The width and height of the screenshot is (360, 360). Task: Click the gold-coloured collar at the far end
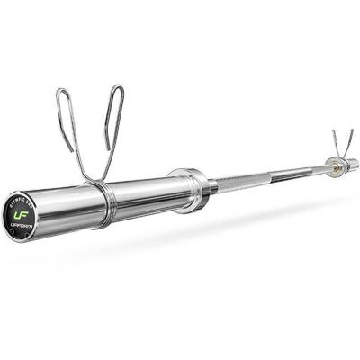point(334,166)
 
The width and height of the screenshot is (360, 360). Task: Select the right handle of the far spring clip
point(348,141)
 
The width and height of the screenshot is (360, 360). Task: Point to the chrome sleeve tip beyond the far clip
point(352,162)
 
